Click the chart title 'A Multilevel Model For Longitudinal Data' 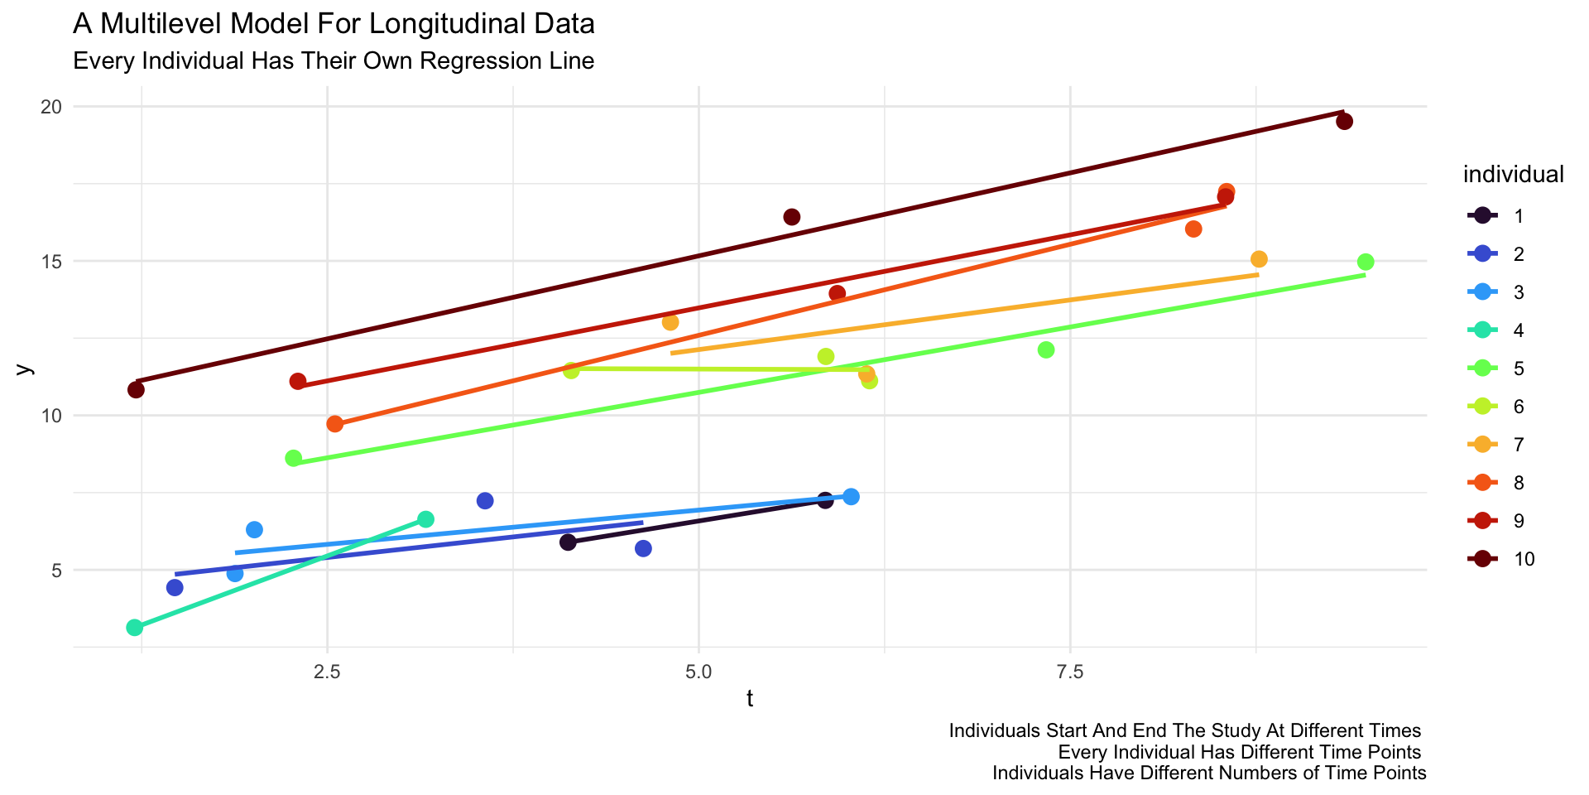tap(334, 24)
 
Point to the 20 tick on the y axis tap(51, 107)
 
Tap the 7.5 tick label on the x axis tap(1070, 668)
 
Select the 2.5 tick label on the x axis tap(328, 668)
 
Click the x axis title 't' tap(750, 700)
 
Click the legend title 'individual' tap(1513, 175)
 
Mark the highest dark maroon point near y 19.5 tap(1344, 122)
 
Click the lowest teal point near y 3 tap(135, 628)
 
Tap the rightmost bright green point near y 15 tap(1366, 263)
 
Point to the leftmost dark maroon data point tap(137, 390)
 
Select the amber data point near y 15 tap(1259, 259)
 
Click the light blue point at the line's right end tap(851, 497)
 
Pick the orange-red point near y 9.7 tap(335, 424)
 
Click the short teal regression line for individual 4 tap(281, 573)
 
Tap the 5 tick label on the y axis tap(56, 570)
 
